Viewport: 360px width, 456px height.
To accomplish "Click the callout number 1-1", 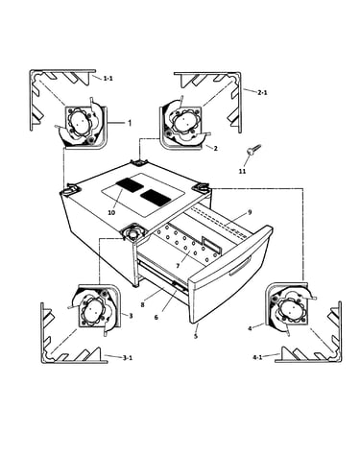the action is (x=108, y=78).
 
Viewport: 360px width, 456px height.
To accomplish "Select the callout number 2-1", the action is (x=262, y=93).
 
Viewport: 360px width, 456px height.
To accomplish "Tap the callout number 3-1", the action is (x=128, y=358).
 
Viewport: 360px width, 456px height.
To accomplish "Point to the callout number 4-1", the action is (x=257, y=357).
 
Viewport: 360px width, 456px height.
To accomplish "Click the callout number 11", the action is (x=243, y=172).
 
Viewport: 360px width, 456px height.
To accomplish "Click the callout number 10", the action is (x=111, y=212).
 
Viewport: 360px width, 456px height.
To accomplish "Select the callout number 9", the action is (x=250, y=212).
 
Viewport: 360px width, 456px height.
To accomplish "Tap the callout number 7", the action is (x=179, y=266).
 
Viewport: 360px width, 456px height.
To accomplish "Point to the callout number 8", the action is (x=142, y=304).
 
